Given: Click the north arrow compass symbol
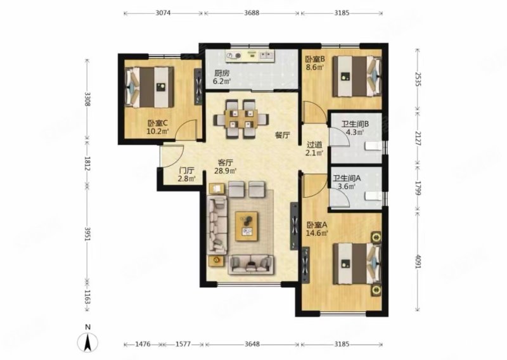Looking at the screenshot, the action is pos(87,342).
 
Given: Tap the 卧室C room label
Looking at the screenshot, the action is pos(157,123).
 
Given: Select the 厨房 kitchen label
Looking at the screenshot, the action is pos(219,73).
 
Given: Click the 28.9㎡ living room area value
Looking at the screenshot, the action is pos(225,170).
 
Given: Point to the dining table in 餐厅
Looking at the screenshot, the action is pos(241,119).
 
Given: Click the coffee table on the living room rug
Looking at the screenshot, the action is pos(247,226).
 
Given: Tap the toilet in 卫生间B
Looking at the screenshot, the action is pos(374,146).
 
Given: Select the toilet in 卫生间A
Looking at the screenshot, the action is pos(374,196).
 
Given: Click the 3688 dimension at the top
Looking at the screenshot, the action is pos(252,13).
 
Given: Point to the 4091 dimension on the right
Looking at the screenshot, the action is pos(418,260).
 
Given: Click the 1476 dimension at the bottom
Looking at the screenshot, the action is pos(143,344).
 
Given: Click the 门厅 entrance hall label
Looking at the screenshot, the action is pos(187,170).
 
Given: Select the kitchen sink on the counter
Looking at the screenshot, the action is pos(266,55).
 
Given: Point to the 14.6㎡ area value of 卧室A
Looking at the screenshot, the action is pos(318,233).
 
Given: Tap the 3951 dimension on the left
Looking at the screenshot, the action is pos(87,233).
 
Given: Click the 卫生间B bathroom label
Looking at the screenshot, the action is pos(356,124).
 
